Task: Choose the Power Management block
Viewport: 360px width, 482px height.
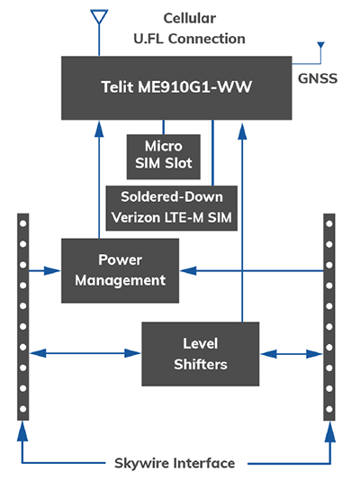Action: tap(119, 269)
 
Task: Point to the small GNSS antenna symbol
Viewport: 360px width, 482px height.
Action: tap(321, 44)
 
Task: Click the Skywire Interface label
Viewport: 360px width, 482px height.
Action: tap(175, 462)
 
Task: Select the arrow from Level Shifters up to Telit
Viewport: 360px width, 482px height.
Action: tap(241, 225)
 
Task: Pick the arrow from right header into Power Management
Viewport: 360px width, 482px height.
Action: tap(252, 268)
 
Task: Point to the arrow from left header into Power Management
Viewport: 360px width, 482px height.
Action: tap(45, 268)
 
